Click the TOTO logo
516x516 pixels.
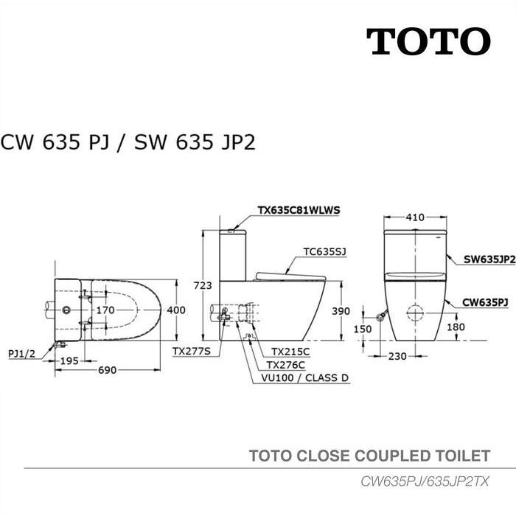coord(428,41)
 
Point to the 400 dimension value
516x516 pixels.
coord(176,310)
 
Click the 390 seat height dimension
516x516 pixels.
coord(340,312)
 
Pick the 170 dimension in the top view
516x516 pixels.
coord(105,310)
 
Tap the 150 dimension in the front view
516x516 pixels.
coord(362,330)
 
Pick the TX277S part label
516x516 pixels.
coord(192,352)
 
